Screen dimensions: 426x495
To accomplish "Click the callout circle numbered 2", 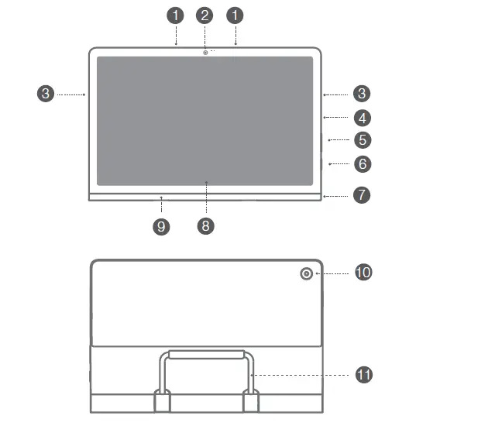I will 205,15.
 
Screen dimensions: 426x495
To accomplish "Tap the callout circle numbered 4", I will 362,118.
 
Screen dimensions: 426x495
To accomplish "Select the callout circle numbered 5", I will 362,140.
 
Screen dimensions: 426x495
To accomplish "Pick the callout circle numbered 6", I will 362,164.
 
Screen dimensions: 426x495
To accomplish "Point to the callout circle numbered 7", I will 362,194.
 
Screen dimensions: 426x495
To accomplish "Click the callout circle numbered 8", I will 205,225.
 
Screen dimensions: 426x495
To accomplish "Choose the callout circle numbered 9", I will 161,225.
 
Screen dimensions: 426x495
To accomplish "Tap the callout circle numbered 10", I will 363,273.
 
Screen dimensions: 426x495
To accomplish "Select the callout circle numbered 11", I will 364,375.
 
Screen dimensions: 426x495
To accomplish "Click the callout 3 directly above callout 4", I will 362,94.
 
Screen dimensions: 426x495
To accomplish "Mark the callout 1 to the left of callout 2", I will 177,15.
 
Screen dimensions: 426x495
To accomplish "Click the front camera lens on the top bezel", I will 205,53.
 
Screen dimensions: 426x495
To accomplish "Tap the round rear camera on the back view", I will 306,273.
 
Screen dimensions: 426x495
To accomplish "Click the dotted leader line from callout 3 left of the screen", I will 70,94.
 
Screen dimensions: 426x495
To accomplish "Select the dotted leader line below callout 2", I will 205,36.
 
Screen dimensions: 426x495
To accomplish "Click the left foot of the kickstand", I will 162,402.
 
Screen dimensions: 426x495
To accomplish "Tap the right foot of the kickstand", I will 252,402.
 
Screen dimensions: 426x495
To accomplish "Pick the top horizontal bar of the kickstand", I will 207,354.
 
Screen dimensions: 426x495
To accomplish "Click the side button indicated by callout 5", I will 321,142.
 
